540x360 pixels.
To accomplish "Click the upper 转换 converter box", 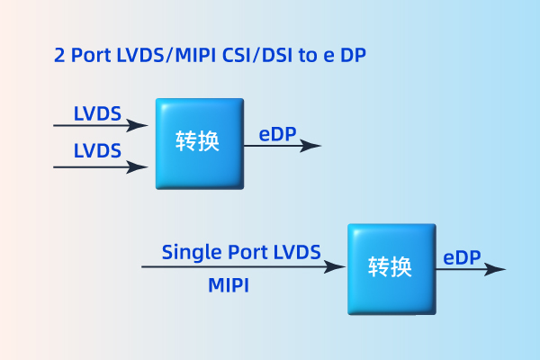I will (198, 142).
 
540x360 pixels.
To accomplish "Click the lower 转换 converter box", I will (391, 267).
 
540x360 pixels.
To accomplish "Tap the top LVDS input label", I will (97, 114).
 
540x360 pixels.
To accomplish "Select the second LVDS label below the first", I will (97, 150).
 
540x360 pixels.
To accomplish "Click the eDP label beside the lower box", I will (462, 257).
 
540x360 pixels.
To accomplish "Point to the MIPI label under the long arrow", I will (229, 285).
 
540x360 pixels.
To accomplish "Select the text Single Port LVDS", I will (240, 253).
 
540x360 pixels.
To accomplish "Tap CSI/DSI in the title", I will (258, 56).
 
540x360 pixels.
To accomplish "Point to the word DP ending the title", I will (352, 56).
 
